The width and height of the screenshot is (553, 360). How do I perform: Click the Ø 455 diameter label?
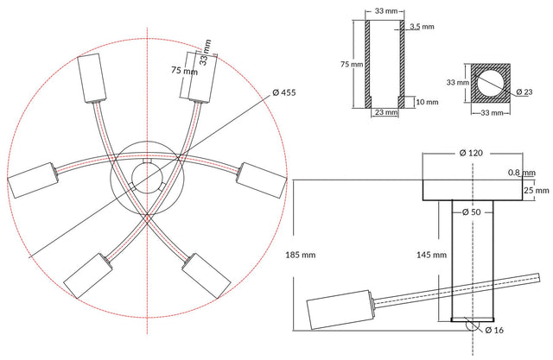pyautogui.click(x=284, y=92)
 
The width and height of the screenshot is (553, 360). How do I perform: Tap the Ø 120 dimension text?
pyautogui.click(x=471, y=153)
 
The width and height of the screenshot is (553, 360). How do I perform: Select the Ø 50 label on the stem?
pyautogui.click(x=471, y=212)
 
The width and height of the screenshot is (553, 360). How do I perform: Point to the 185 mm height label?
pyautogui.click(x=301, y=255)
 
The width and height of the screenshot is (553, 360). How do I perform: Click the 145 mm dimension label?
pyautogui.click(x=431, y=255)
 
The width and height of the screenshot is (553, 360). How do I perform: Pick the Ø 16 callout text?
pyautogui.click(x=494, y=330)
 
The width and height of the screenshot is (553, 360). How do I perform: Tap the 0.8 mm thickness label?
pyautogui.click(x=522, y=173)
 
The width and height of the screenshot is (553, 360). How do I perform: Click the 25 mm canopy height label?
pyautogui.click(x=537, y=191)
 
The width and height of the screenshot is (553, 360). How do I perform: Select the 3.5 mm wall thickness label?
pyautogui.click(x=423, y=27)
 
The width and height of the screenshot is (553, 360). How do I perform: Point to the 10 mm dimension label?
pyautogui.click(x=427, y=102)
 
